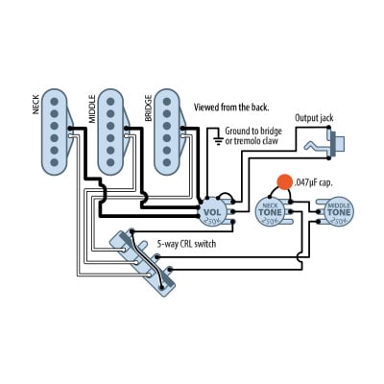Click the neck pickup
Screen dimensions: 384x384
(58, 133)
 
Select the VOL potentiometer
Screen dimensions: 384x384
(213, 209)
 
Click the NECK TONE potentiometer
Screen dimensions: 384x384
(271, 213)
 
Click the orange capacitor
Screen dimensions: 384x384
(283, 181)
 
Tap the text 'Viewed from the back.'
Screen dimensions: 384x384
(231, 107)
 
